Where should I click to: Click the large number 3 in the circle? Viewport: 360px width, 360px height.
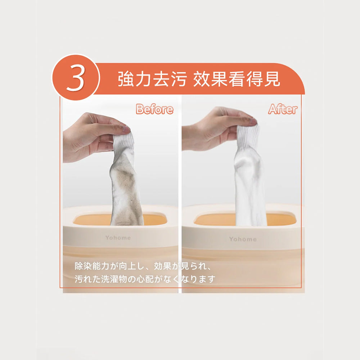pos(76,77)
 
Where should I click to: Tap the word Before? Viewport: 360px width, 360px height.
pos(154,109)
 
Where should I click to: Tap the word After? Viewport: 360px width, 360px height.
pos(283,109)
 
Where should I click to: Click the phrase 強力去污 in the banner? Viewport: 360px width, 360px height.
pos(152,79)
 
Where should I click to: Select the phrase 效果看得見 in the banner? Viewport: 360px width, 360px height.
pos(237,79)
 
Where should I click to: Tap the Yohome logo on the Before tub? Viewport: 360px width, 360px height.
pos(118,238)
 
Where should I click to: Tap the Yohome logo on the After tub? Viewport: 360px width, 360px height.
pos(243,239)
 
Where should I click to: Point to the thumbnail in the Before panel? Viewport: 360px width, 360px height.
pos(126,129)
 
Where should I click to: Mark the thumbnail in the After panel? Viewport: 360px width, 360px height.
pos(253,121)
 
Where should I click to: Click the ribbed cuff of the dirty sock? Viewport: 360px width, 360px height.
pos(123,144)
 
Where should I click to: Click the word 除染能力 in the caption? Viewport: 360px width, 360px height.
pos(92,266)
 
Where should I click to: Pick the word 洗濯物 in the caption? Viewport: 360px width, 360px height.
pos(114,279)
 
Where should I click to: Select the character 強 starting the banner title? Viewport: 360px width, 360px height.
pos(126,79)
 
